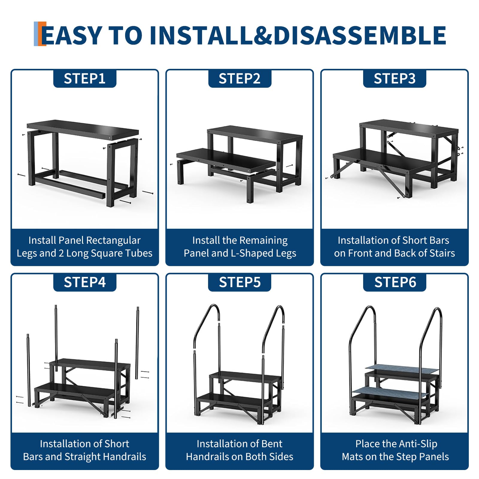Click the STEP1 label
85,79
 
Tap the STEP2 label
239,79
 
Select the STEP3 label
395,79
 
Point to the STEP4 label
85,282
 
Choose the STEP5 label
239,282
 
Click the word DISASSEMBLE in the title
360,35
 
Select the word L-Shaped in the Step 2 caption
251,253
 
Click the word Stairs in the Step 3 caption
442,253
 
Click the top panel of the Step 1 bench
83,129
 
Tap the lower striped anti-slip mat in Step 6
390,392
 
